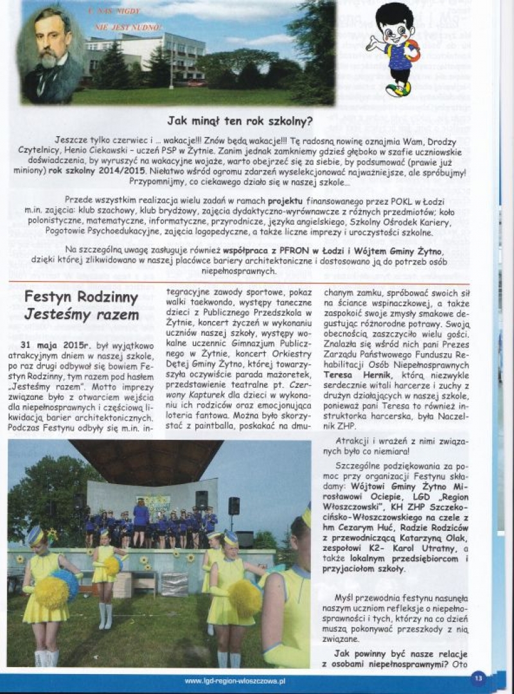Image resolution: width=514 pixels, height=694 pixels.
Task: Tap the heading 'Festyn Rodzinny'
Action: [81, 297]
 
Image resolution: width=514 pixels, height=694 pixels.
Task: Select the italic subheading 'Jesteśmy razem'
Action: [81, 315]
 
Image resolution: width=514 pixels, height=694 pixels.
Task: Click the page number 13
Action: [477, 677]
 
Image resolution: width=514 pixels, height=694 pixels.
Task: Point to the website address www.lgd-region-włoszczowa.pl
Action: [235, 681]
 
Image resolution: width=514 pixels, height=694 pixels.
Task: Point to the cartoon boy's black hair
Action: [395, 16]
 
